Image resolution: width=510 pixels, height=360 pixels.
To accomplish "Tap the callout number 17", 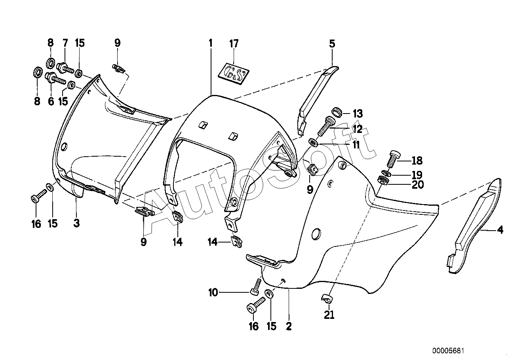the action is (234, 44).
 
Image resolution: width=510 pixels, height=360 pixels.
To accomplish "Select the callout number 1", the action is (211, 43).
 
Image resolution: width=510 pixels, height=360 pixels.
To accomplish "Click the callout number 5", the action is (332, 44).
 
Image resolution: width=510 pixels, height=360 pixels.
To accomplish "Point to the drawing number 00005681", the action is (448, 351).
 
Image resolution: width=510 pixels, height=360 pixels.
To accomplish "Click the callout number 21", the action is (329, 315).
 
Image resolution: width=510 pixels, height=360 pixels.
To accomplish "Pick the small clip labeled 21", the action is (327, 299).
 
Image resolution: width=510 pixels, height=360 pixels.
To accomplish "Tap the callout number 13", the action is (358, 114).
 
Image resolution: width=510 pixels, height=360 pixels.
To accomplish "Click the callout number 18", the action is (417, 161).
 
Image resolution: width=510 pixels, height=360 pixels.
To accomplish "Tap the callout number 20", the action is (418, 185).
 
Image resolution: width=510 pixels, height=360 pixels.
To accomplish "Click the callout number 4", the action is (500, 230).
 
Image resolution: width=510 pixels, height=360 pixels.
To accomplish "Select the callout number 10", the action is (213, 292).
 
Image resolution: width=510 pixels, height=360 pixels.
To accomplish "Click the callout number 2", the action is (289, 326).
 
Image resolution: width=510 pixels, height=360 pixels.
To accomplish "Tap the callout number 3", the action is (76, 223).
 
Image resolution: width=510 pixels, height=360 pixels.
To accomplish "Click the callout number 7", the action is (65, 43).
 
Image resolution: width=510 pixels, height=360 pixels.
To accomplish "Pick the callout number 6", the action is (51, 101).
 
